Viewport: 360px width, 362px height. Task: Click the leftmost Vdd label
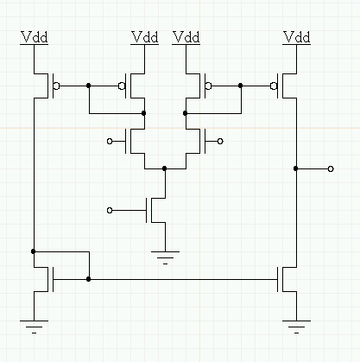click(x=35, y=37)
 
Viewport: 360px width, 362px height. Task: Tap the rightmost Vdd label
click(x=297, y=37)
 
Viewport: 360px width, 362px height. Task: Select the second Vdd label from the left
click(x=145, y=37)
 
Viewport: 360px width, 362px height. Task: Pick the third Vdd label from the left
click(x=186, y=37)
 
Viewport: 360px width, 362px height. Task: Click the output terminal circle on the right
click(x=331, y=169)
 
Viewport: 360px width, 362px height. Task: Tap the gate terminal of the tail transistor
click(x=110, y=211)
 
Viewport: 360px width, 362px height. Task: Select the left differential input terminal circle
click(x=110, y=142)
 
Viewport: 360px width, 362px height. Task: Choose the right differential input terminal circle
click(x=220, y=142)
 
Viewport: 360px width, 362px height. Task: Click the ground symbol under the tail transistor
click(x=165, y=257)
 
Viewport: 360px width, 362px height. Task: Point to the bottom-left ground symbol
click(x=34, y=327)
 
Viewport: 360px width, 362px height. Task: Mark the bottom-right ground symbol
click(x=296, y=327)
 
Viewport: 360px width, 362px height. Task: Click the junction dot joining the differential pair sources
click(x=165, y=168)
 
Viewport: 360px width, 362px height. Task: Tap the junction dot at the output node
click(x=296, y=168)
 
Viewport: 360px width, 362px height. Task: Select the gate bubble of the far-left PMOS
click(x=57, y=86)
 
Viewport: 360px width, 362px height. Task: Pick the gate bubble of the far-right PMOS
click(x=274, y=86)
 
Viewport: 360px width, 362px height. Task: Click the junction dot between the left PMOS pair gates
click(x=89, y=86)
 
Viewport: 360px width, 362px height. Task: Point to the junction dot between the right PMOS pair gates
click(x=241, y=86)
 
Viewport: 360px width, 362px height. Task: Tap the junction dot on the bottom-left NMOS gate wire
click(x=89, y=279)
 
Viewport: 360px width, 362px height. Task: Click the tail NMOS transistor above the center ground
click(x=155, y=210)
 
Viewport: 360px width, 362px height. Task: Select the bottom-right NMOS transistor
click(x=287, y=279)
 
